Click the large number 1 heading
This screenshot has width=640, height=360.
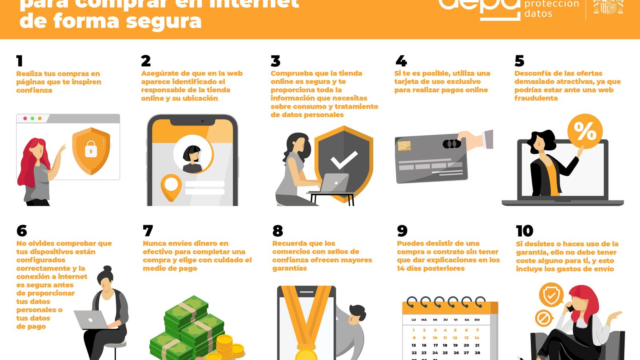(x=19, y=61)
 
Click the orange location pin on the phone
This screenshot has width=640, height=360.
(x=171, y=187)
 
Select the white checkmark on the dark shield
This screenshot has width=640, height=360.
(x=344, y=160)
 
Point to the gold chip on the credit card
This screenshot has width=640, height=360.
(x=404, y=146)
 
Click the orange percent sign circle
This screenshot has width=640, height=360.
(x=585, y=131)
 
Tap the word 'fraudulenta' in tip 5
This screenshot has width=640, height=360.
(x=536, y=98)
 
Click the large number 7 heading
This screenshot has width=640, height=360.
(x=148, y=231)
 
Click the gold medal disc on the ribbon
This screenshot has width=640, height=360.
(x=306, y=354)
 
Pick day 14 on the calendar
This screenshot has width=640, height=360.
(x=477, y=338)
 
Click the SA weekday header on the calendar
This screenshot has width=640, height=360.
(x=466, y=320)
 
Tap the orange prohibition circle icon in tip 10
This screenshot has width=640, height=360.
(x=544, y=319)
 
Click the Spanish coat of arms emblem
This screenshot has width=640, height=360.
(x=608, y=7)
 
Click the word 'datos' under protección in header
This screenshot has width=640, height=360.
(x=538, y=14)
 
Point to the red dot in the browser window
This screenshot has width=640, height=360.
(x=25, y=118)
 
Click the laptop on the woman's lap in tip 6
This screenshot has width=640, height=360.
(x=91, y=320)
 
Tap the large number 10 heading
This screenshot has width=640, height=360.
(x=524, y=231)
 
